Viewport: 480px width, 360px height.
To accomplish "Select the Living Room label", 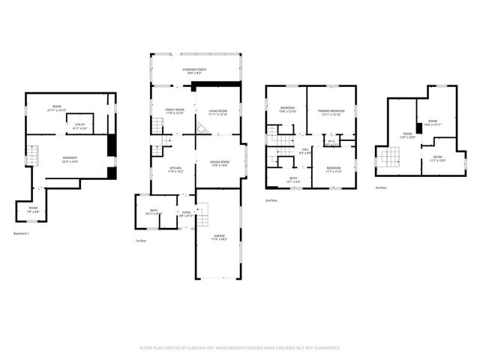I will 217,112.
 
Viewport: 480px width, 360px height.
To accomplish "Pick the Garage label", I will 219,236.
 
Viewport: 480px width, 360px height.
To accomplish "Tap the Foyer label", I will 185,214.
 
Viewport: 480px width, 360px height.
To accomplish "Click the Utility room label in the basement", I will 79,125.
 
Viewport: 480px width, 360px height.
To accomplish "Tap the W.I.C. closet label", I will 331,141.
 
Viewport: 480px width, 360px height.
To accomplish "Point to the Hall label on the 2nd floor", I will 305,151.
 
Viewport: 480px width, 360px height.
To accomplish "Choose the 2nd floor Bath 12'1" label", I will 294,180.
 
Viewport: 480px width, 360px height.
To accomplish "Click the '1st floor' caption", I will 140,241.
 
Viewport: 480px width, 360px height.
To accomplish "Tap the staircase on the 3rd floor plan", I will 388,157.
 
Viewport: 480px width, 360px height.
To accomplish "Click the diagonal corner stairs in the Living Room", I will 201,129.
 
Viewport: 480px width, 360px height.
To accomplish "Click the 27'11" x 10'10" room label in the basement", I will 56,108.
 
